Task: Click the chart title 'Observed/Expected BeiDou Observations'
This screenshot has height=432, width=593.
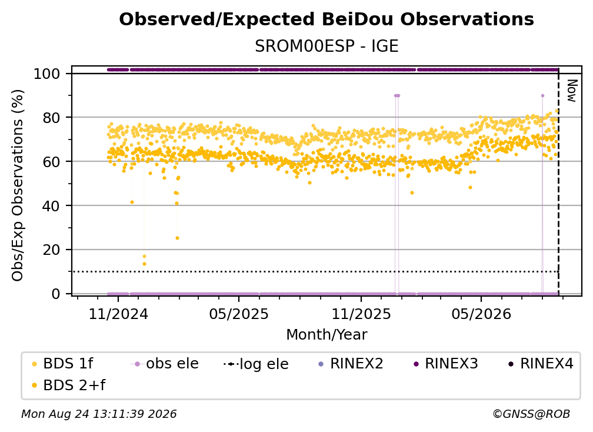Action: point(327,19)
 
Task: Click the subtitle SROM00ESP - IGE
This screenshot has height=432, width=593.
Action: point(327,46)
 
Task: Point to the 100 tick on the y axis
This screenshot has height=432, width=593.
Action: point(47,74)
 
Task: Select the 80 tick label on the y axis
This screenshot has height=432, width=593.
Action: point(51,118)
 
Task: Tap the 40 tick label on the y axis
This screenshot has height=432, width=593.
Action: point(51,206)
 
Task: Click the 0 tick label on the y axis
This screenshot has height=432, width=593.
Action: point(56,294)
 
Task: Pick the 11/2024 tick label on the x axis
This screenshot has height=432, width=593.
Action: point(118,314)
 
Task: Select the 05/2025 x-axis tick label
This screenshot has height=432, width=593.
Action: point(239,314)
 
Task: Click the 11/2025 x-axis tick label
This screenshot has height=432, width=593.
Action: point(361,314)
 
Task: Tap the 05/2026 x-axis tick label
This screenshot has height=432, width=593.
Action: point(481,314)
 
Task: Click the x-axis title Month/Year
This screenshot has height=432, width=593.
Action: point(327,335)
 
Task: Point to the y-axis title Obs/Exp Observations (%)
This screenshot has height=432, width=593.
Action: point(18,185)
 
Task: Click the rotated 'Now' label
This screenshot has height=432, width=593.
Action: point(572,91)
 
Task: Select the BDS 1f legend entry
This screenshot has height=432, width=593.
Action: point(62,364)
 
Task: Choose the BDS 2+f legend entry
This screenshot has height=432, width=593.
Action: point(68,385)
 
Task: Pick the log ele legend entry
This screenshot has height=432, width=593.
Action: point(256,364)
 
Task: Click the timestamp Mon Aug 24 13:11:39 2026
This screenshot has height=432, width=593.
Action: point(99,414)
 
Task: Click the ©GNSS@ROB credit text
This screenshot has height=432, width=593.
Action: point(531,414)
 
